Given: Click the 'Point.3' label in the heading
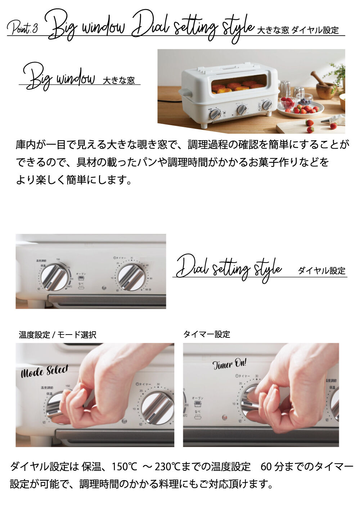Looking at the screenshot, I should click(x=22, y=28).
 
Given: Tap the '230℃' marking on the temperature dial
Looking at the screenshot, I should click(x=69, y=287).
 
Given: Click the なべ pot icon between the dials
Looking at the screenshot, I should click(x=82, y=286).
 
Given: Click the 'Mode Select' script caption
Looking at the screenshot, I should click(x=45, y=371).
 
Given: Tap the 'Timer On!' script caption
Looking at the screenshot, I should click(x=229, y=364).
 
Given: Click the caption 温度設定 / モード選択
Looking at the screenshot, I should click(x=58, y=335).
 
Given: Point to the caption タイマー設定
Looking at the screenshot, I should click(x=207, y=334).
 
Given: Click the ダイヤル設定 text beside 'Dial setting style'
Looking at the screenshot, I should click(x=321, y=271).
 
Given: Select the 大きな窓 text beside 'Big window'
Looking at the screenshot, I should click(x=119, y=80).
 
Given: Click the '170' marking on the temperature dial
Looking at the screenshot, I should click(x=69, y=267).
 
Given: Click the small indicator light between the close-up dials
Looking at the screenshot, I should click(x=104, y=288).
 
